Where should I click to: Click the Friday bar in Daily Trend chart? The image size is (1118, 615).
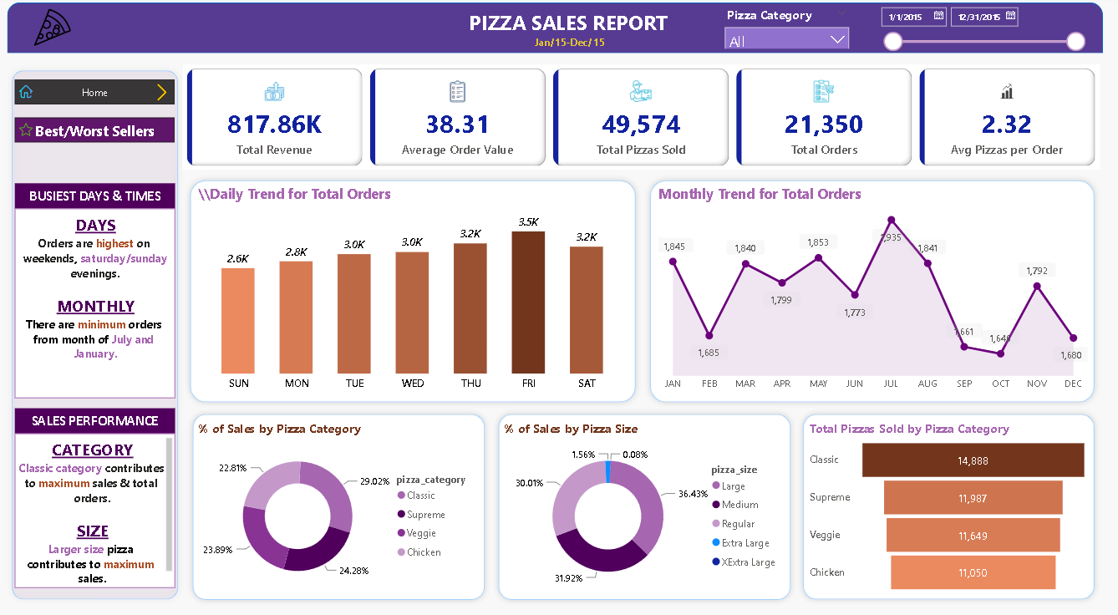click(528, 302)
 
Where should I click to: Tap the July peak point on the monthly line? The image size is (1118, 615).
click(892, 220)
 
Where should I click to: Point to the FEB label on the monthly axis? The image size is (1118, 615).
click(709, 384)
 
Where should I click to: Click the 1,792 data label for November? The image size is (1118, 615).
click(1037, 271)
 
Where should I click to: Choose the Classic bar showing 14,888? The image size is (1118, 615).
click(973, 460)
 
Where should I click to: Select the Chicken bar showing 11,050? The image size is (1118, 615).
click(973, 572)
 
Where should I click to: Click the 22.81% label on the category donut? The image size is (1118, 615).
click(231, 468)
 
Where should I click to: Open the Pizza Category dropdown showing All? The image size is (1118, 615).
click(786, 39)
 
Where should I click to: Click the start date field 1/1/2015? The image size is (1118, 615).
click(912, 16)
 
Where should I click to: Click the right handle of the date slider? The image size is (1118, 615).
click(1075, 42)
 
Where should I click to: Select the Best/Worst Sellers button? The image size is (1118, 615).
click(94, 130)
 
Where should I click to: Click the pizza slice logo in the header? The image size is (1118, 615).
click(52, 28)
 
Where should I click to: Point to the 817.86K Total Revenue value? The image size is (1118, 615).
click(274, 125)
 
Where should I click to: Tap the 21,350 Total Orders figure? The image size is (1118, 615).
click(823, 125)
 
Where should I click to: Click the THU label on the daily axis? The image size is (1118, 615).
click(470, 384)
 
